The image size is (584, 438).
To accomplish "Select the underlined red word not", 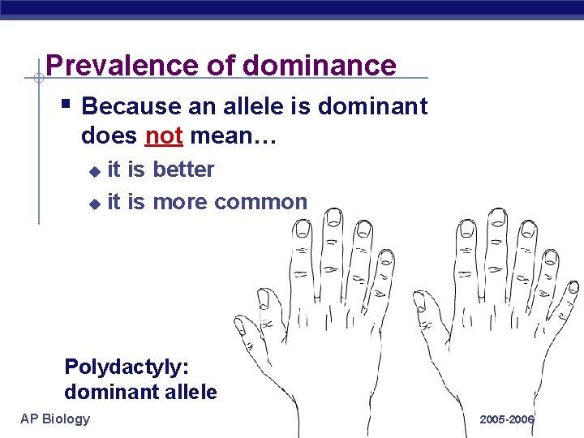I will [164, 135].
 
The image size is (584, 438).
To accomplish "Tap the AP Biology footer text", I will [55, 419].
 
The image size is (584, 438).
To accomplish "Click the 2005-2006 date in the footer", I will [507, 419].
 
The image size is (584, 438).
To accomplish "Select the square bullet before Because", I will [67, 104].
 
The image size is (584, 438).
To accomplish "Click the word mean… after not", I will [234, 135].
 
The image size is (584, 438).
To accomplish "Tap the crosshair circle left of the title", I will [38, 79].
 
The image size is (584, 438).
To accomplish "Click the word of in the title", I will [221, 65].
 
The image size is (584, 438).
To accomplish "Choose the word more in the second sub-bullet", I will [181, 201].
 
